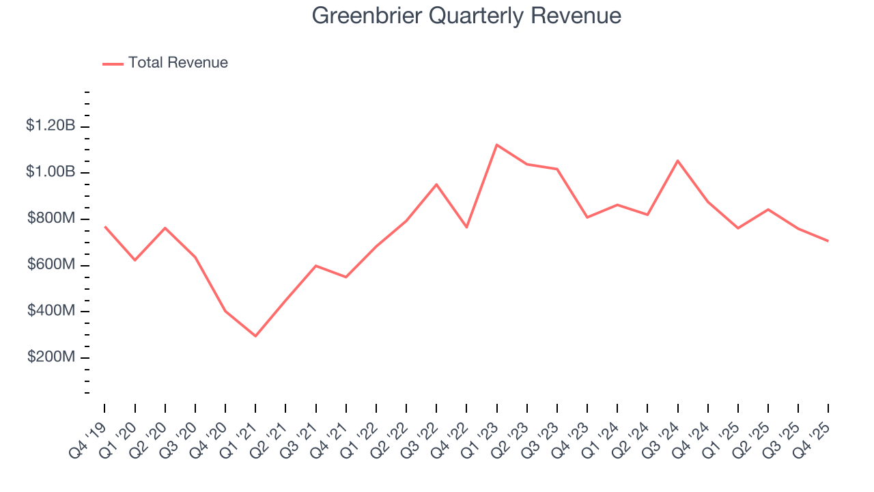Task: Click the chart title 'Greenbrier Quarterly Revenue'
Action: pos(466,16)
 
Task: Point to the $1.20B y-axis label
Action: pos(50,126)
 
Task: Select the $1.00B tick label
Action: pos(50,172)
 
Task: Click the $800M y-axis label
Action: pos(51,219)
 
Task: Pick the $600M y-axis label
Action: pos(51,265)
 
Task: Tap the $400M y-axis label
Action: pos(51,312)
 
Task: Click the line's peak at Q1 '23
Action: pos(496,145)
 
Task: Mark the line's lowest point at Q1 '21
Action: pos(255,336)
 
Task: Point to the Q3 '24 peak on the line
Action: pos(677,161)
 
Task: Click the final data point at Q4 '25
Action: pos(828,241)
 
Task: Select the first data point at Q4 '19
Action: pos(104,226)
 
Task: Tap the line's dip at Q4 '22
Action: pos(466,227)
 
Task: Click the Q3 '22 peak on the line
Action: pos(436,184)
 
